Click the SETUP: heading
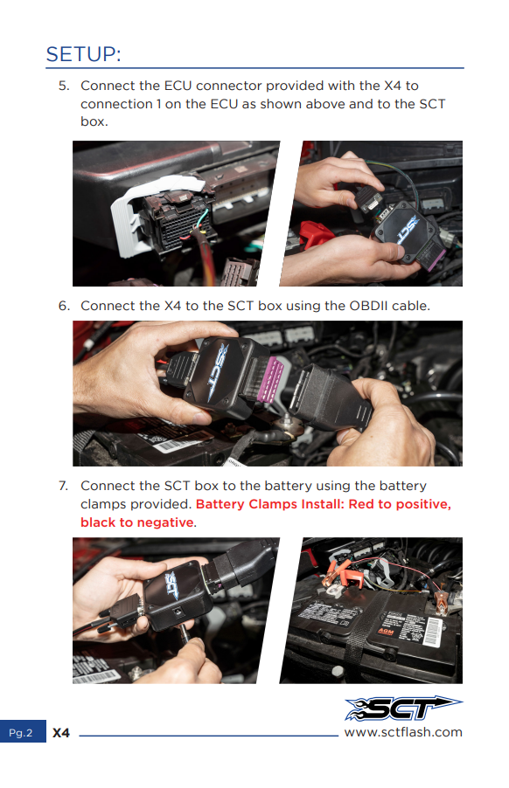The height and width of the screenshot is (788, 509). [x=83, y=54]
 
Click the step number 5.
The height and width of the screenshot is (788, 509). [x=63, y=86]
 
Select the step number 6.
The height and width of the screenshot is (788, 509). [x=64, y=306]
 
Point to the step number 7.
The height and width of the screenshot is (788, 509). [x=63, y=486]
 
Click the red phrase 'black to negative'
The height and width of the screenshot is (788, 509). [x=136, y=522]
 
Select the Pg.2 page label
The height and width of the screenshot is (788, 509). [x=21, y=733]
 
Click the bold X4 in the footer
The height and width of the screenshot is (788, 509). [x=61, y=733]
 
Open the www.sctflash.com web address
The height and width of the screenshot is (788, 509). [x=403, y=732]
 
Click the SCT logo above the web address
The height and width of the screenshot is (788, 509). [x=403, y=709]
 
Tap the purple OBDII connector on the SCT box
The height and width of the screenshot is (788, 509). [x=270, y=378]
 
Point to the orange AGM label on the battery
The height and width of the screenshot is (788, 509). [x=386, y=632]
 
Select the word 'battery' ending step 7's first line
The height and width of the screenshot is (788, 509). [x=403, y=486]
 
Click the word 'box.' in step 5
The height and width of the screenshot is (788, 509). [x=94, y=122]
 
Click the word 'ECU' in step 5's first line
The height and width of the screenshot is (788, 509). [x=178, y=86]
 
